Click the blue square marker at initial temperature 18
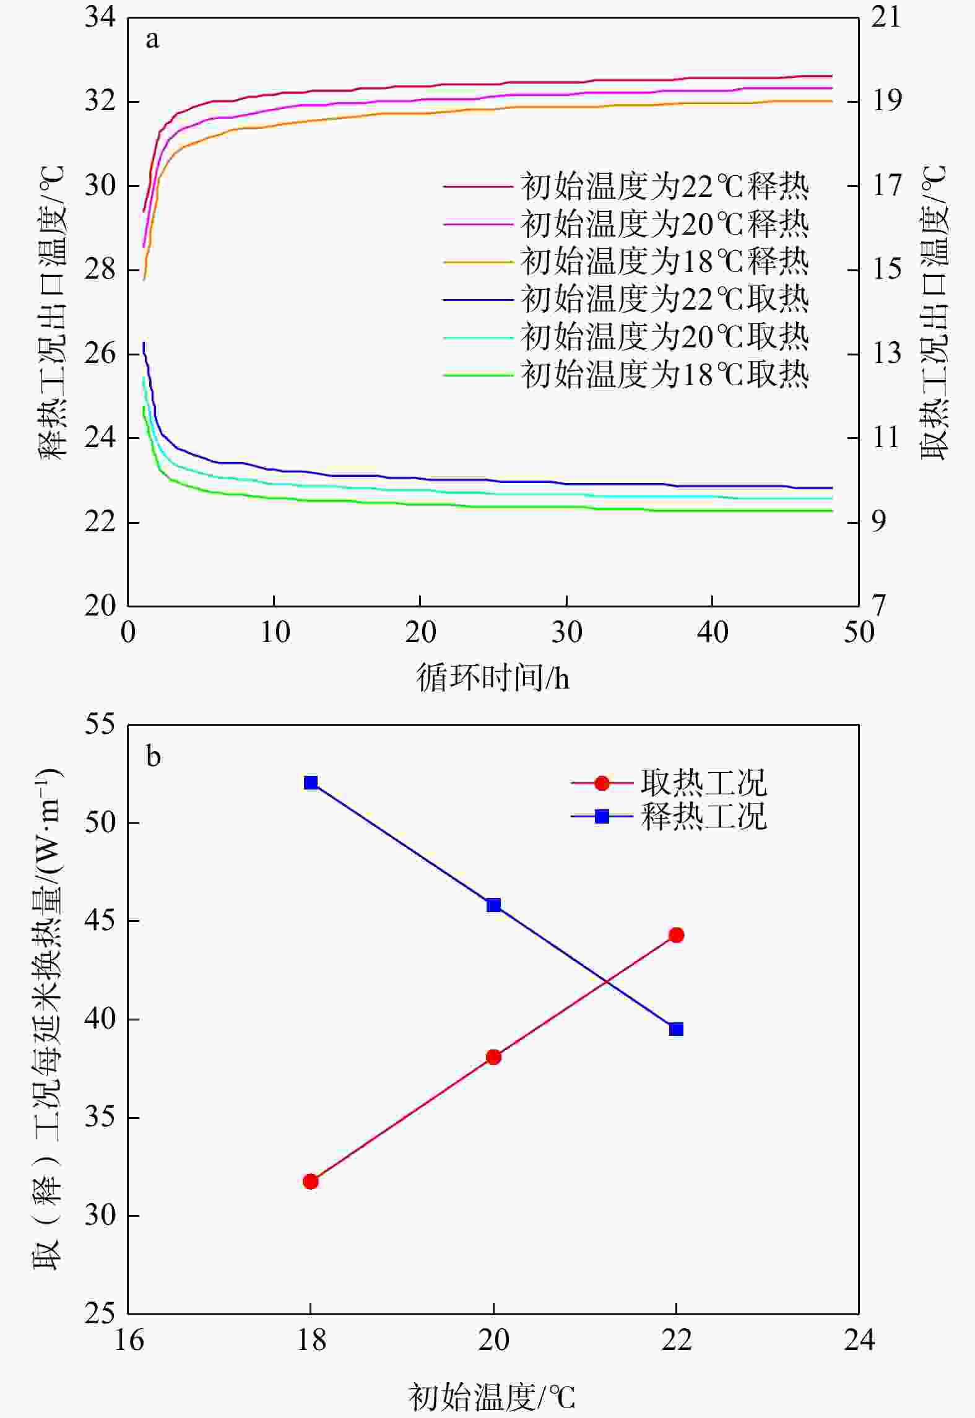tap(311, 783)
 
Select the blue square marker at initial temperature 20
tap(493, 905)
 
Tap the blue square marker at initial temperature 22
tap(676, 1029)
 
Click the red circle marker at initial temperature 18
tap(311, 1181)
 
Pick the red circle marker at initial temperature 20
tap(493, 1057)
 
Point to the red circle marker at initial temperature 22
tap(676, 935)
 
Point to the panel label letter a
tap(152, 41)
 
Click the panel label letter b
tap(153, 757)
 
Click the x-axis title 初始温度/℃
tap(492, 1396)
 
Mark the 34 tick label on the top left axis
tap(100, 17)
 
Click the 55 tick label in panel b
tap(100, 724)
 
